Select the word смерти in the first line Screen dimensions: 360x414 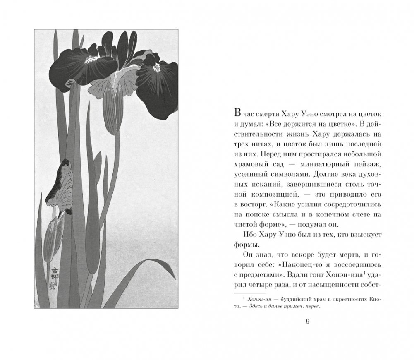coord(272,114)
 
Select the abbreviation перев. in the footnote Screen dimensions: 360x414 coord(313,307)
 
